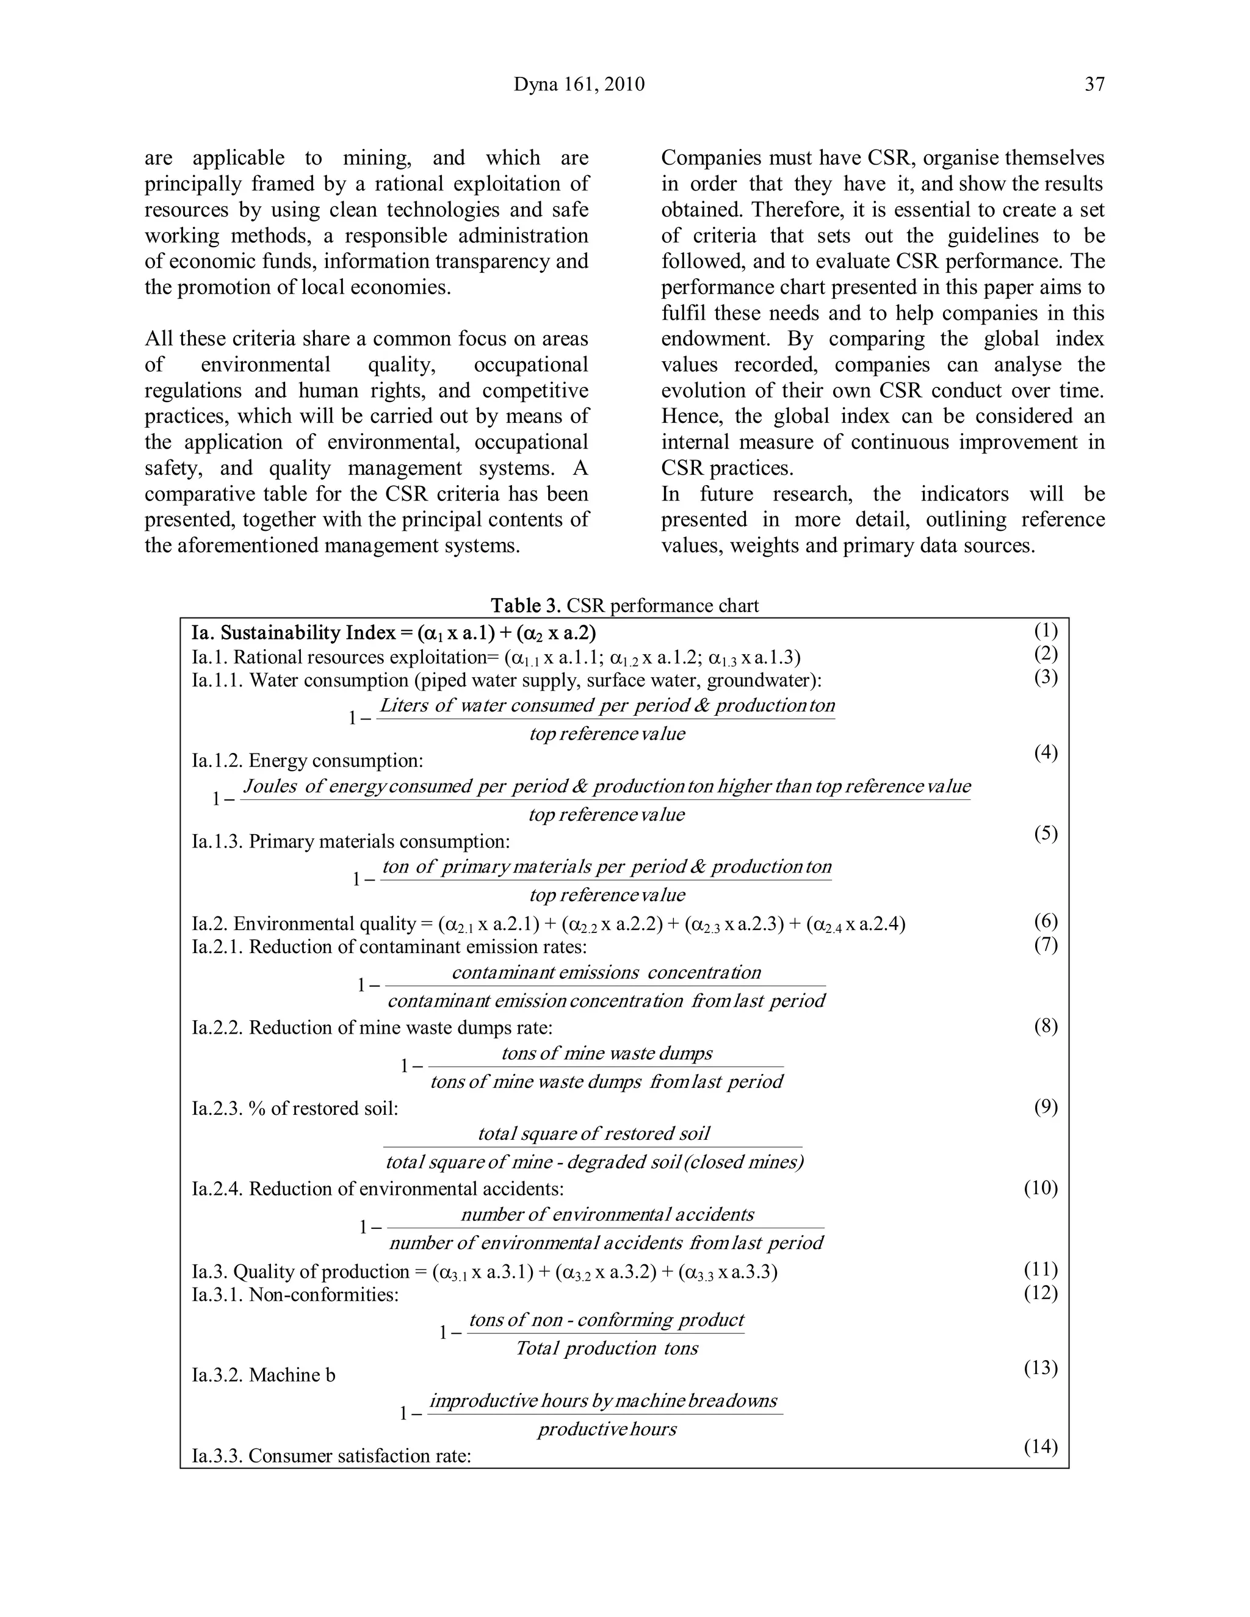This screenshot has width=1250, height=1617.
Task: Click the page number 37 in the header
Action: [1094, 84]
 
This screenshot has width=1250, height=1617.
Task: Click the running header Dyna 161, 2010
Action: [579, 84]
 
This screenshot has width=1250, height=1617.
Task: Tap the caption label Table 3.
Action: [526, 606]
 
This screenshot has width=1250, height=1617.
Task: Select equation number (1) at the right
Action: [1046, 631]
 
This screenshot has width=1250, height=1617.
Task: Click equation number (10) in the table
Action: [1041, 1187]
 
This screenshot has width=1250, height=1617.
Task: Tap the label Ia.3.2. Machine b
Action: [263, 1375]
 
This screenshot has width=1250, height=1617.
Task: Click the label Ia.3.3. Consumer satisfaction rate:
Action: [331, 1455]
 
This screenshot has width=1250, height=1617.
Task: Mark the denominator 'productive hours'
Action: [607, 1428]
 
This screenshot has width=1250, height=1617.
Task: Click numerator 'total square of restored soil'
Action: [593, 1134]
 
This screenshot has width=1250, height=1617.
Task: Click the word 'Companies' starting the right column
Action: [711, 157]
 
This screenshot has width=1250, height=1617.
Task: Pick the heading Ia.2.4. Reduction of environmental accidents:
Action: [378, 1189]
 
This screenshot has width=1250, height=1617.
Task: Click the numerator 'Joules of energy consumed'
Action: [355, 785]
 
